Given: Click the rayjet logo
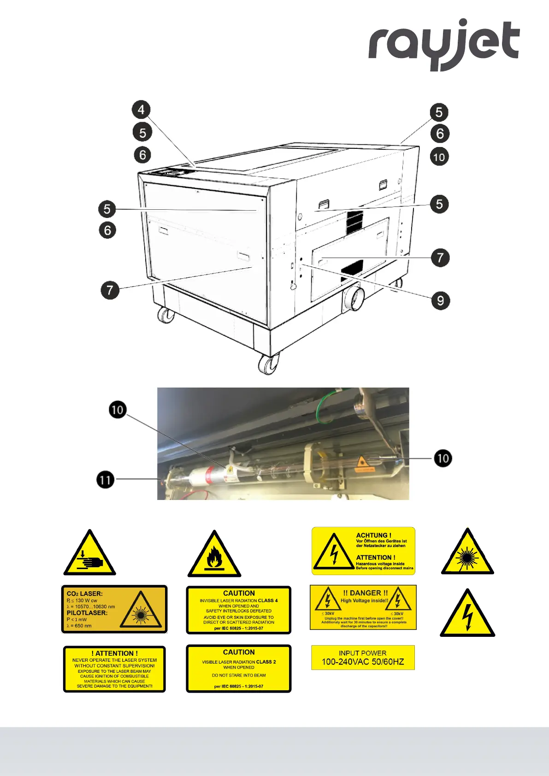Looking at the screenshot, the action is click(x=443, y=44).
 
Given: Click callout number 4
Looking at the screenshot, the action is click(x=141, y=110).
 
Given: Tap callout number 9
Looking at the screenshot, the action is click(x=440, y=301).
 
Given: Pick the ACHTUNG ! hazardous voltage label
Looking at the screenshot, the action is click(x=363, y=551).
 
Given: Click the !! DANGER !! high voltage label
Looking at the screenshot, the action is click(x=363, y=607).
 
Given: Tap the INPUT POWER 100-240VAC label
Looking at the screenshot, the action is click(x=363, y=658).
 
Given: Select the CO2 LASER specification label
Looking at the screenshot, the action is click(x=114, y=609).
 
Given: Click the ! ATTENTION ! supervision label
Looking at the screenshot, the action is click(x=114, y=669).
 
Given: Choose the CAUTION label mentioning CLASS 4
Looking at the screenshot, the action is click(x=239, y=610).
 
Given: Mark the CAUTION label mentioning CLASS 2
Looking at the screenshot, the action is click(x=239, y=669).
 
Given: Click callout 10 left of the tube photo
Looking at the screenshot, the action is click(x=118, y=410).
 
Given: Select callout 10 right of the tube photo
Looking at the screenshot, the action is click(x=443, y=459).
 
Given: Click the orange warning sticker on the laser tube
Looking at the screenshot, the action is click(x=364, y=464).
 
